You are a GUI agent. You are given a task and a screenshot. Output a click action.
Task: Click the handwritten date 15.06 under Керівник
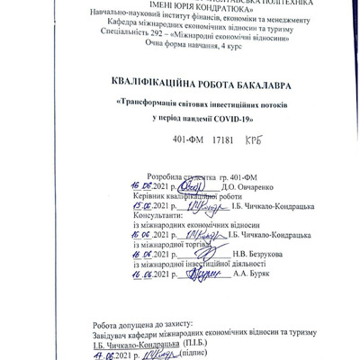pyautogui.click(x=134, y=203)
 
